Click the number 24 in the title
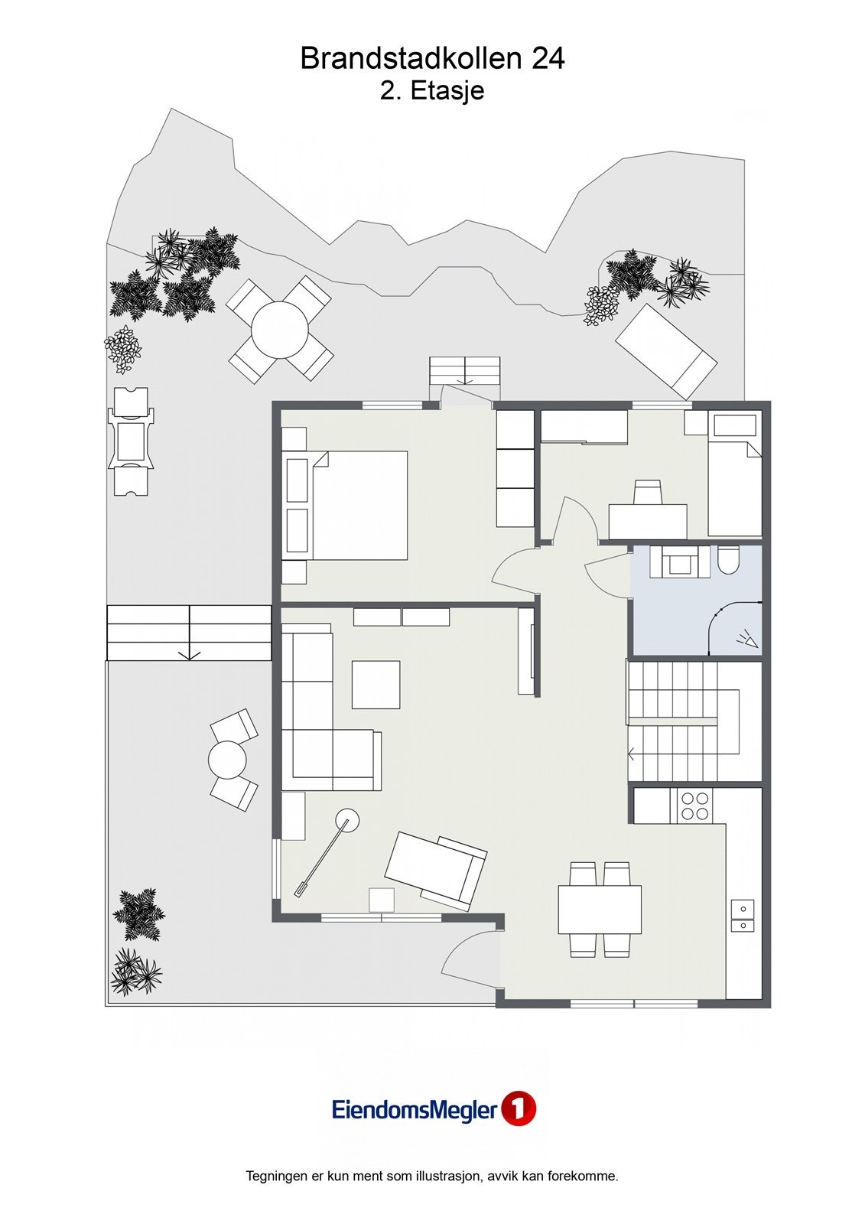547,59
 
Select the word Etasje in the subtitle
447,91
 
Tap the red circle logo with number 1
518,1109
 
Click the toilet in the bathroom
727,561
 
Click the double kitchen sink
742,916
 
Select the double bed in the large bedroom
359,505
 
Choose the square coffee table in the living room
376,684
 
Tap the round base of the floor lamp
349,822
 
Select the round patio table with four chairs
280,330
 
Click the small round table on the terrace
227,760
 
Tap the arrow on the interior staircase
632,754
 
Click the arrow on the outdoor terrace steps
189,654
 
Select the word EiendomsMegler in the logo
414,1110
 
